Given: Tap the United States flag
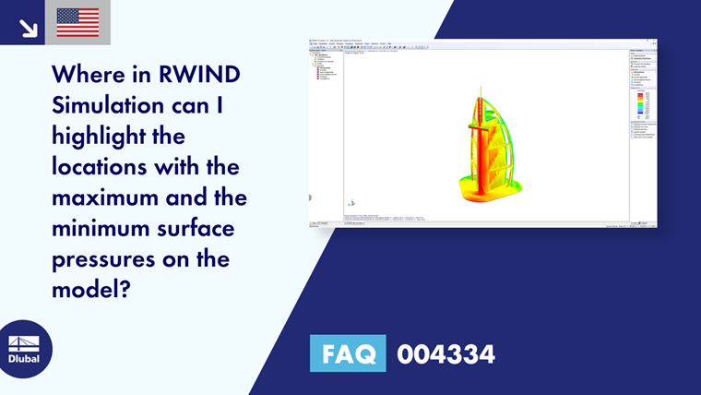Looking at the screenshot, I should [77, 22].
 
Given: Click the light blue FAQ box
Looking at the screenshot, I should [347, 353].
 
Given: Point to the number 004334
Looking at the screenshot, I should [446, 353].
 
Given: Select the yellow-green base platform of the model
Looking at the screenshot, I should [483, 193].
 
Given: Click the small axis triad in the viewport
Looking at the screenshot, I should [350, 202].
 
